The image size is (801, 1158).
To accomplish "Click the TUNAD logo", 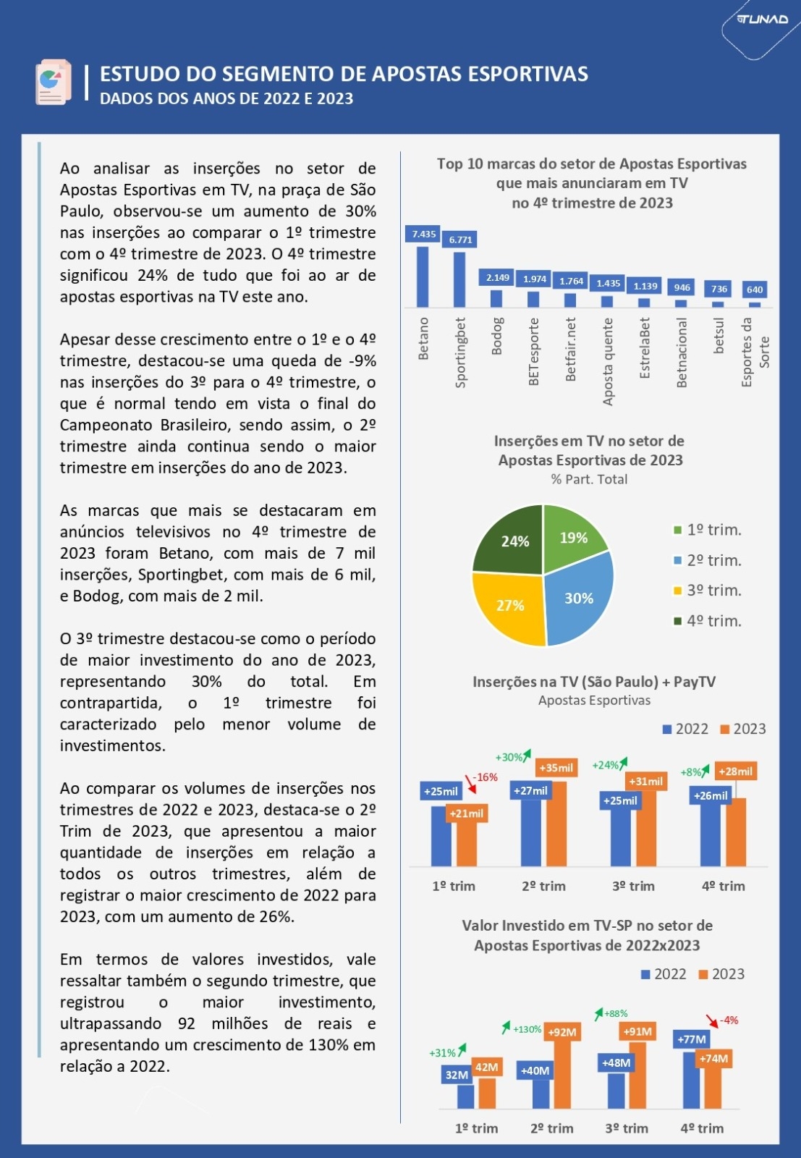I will click(x=762, y=20).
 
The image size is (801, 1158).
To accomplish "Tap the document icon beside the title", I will click(x=54, y=83).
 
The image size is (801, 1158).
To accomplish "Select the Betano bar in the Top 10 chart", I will click(x=423, y=276).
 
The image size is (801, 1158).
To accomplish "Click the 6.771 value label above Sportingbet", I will click(x=460, y=240).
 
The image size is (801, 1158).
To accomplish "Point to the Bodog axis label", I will click(x=497, y=336).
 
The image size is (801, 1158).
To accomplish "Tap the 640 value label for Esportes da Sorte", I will click(x=755, y=289).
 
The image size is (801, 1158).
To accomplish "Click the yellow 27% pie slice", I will click(x=509, y=606).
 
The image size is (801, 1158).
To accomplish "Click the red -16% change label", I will click(x=485, y=777).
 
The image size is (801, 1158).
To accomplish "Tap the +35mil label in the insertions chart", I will click(x=556, y=767).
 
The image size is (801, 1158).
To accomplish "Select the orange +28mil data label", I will click(x=735, y=771).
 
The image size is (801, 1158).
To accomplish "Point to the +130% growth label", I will click(x=527, y=1029).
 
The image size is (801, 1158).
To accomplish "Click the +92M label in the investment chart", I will click(x=562, y=1032).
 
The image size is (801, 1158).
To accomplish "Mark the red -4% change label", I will click(x=729, y=1020).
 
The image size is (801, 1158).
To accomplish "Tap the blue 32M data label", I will click(x=457, y=1075).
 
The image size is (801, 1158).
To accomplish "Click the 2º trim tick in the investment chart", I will click(x=551, y=1128).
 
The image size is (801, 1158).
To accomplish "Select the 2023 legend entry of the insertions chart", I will click(x=743, y=729).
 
